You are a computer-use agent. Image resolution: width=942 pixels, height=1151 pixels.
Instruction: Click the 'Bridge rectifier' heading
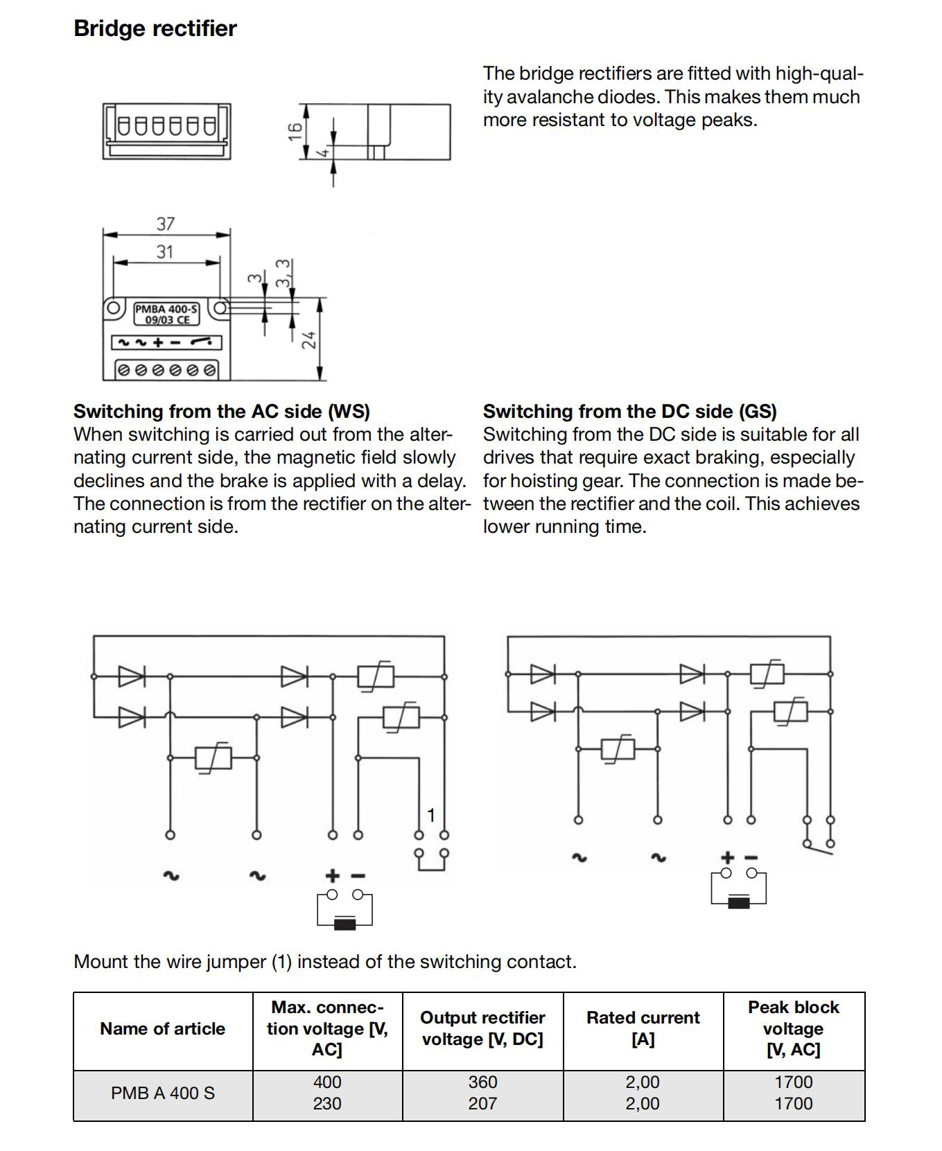[x=155, y=28]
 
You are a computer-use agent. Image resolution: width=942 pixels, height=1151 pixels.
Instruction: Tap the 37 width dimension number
[x=166, y=224]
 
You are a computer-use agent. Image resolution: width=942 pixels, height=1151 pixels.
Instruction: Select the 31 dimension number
[x=165, y=252]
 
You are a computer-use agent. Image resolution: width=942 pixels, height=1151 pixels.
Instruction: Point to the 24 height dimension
[x=309, y=340]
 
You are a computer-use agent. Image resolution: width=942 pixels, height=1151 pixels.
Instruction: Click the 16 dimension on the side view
[x=296, y=131]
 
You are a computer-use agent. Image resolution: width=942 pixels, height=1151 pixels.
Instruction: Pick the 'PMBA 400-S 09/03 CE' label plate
[x=166, y=314]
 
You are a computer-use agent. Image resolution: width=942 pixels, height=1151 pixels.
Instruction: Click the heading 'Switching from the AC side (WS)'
[x=222, y=411]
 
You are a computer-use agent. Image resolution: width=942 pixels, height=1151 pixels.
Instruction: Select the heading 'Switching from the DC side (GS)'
[x=629, y=411]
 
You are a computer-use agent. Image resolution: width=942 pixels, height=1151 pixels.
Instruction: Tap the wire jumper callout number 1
[x=430, y=815]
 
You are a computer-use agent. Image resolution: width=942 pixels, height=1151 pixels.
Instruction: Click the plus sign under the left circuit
[x=333, y=876]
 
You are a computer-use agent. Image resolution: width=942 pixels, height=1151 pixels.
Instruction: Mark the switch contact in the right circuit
[x=819, y=845]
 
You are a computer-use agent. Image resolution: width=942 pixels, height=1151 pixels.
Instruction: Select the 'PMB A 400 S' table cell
[x=163, y=1093]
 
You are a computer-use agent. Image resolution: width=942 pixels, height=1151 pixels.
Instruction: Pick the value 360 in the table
[x=482, y=1082]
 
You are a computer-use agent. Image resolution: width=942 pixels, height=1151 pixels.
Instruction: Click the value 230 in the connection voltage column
[x=327, y=1103]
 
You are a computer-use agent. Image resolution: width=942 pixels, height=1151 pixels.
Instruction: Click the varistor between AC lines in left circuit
[x=213, y=757]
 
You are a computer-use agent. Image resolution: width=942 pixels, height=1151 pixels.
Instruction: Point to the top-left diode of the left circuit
[x=131, y=676]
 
